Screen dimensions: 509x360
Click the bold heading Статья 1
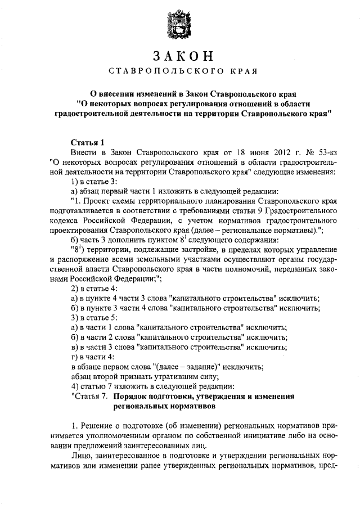[x=88, y=142]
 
